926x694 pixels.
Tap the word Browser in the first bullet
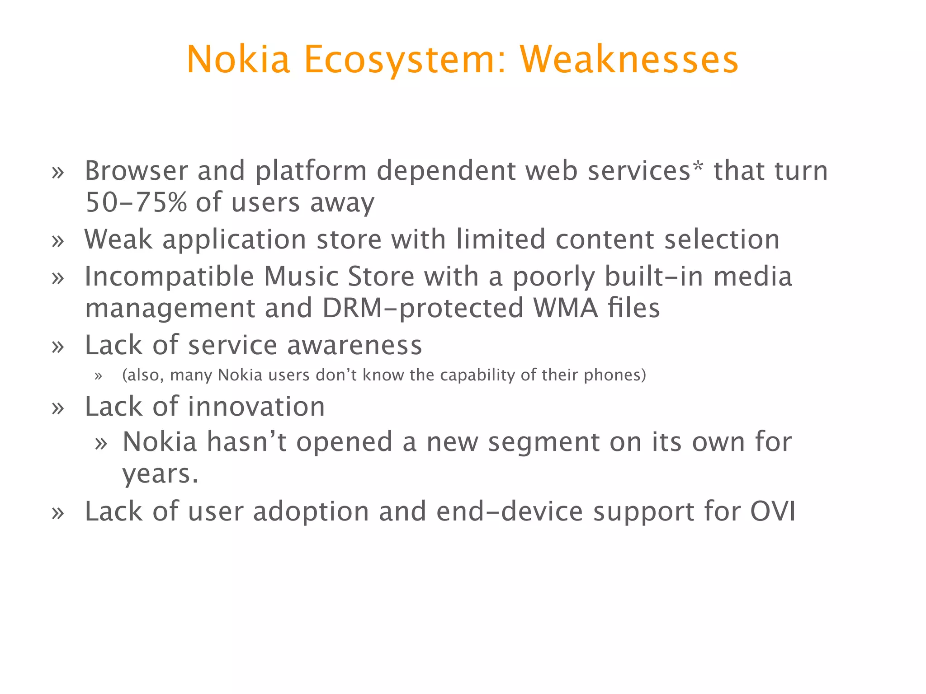[136, 171]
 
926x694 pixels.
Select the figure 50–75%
[136, 202]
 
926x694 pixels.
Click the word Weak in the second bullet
[118, 239]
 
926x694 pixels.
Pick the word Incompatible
[169, 277]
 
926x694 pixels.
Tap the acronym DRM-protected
[422, 308]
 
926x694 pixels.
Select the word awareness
[354, 346]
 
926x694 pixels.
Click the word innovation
[256, 407]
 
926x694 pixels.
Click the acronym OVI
[773, 511]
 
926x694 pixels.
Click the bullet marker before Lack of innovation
[58, 408]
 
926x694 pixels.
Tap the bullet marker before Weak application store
[58, 241]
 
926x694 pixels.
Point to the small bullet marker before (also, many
[99, 376]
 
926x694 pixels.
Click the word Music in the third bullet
[301, 277]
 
